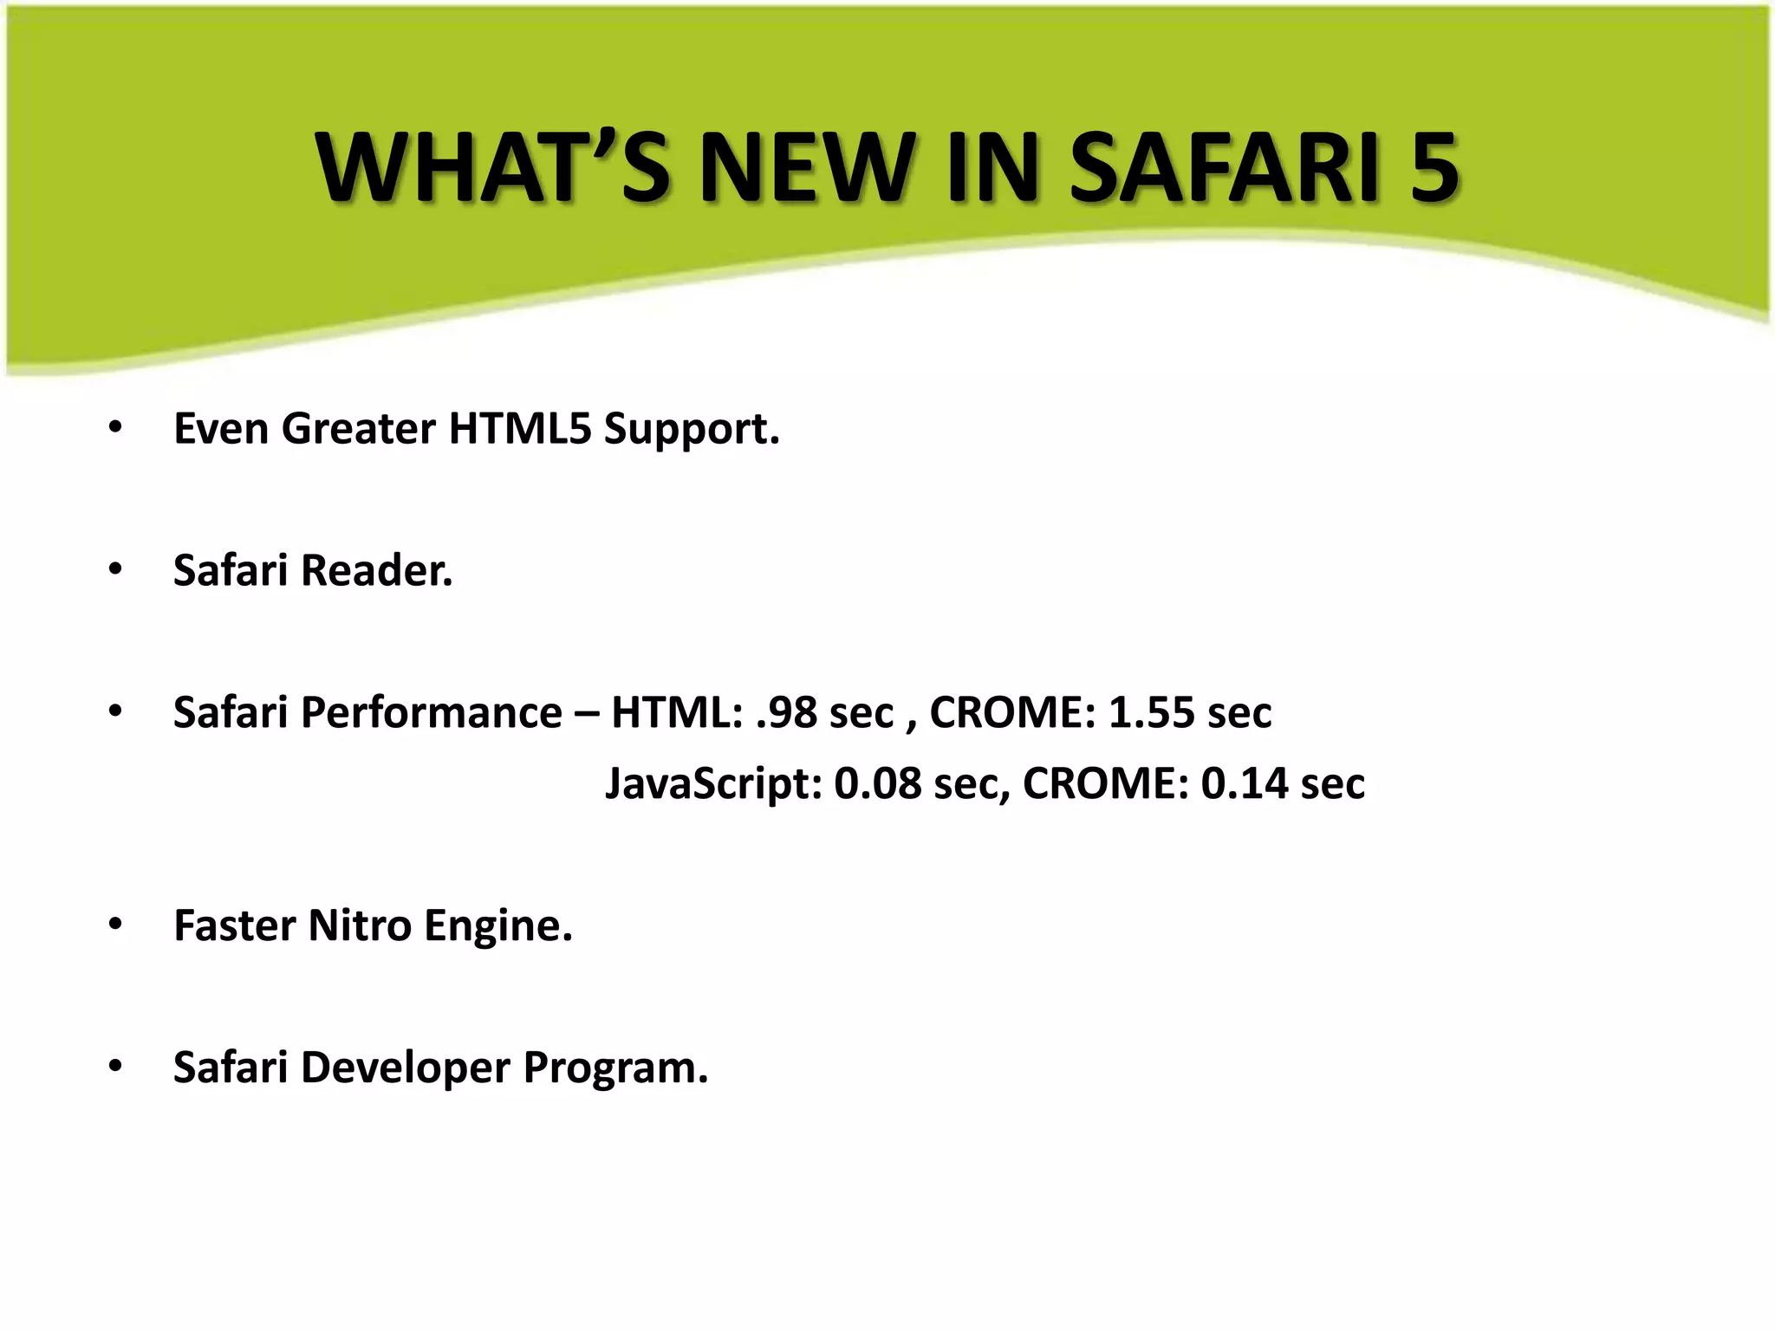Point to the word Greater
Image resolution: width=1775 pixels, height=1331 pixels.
coord(358,429)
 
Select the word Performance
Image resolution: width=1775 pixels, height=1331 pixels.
coord(431,713)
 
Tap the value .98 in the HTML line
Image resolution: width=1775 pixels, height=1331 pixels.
coord(787,713)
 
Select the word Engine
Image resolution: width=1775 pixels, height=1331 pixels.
coord(498,925)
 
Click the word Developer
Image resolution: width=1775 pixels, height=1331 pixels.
coord(405,1068)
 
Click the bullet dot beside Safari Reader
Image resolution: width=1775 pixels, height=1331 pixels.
coord(115,570)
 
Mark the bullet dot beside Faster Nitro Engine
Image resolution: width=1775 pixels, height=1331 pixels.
coord(115,925)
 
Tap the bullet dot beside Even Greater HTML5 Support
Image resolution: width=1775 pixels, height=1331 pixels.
coord(115,428)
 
